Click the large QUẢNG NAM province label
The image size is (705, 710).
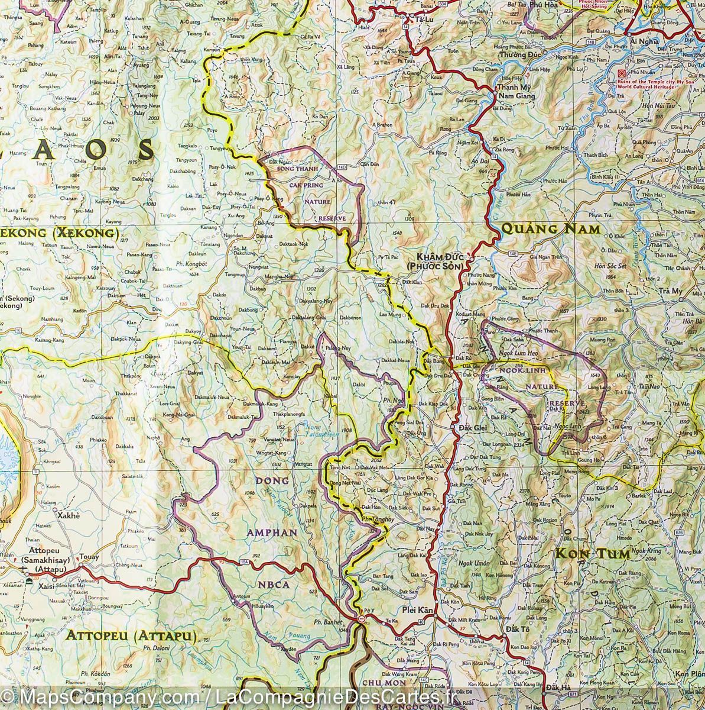point(550,229)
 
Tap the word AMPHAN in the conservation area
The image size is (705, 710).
point(271,532)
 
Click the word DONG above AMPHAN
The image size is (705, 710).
point(272,480)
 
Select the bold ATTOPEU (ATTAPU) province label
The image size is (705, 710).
point(131,637)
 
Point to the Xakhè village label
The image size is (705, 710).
point(67,515)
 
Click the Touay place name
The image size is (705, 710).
point(89,557)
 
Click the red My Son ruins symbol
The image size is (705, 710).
point(620,74)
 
